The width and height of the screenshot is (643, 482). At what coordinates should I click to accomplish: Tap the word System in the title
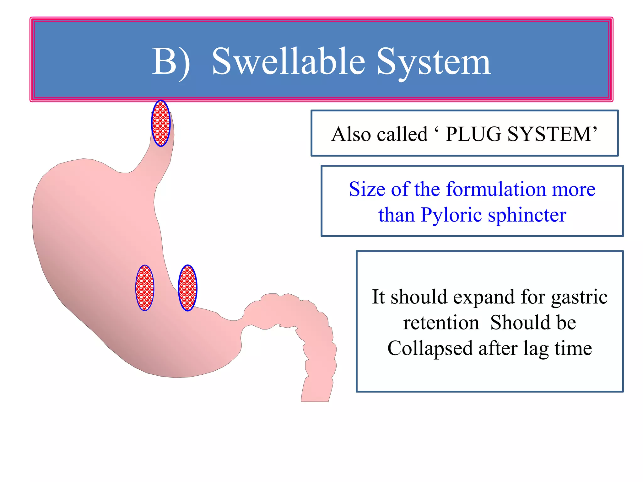click(434, 62)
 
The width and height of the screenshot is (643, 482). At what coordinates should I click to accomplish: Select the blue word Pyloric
click(451, 215)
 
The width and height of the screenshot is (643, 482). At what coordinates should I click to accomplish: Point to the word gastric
click(579, 297)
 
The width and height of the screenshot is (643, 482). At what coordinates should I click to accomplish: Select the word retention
click(441, 323)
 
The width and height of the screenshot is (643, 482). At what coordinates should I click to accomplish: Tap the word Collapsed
click(430, 348)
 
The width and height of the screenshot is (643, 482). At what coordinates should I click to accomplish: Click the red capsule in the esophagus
click(161, 123)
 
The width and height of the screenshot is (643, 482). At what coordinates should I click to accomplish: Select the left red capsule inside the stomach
click(145, 288)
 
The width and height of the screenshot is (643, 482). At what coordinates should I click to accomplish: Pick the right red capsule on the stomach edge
click(187, 288)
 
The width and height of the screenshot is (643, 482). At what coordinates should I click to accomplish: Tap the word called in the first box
click(402, 134)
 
